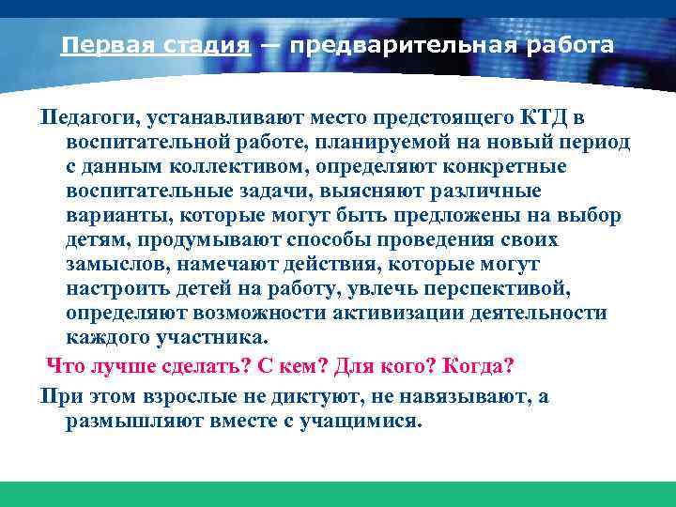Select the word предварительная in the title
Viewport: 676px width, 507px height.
pyautogui.click(x=400, y=45)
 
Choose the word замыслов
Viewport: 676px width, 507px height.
pyautogui.click(x=117, y=265)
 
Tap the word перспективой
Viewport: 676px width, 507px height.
pyautogui.click(x=507, y=289)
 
